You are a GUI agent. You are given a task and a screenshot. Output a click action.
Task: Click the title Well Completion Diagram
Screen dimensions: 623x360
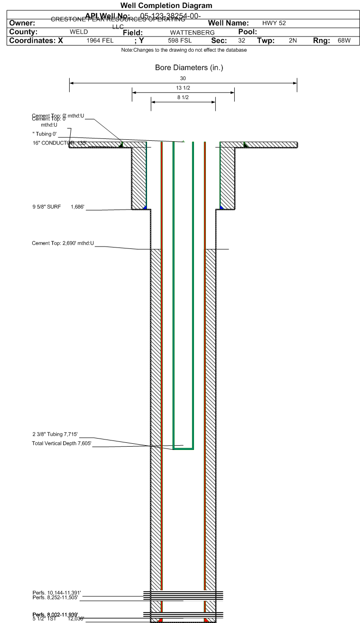point(166,6)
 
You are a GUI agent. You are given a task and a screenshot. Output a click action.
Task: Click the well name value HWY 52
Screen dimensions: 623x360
point(274,23)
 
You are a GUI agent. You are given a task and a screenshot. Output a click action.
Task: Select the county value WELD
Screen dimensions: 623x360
point(79,32)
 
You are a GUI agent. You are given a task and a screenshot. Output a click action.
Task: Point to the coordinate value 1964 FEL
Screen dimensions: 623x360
point(100,41)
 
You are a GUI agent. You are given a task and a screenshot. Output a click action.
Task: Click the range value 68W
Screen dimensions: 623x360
point(344,41)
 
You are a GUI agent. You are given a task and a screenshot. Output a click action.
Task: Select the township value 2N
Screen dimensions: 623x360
point(293,41)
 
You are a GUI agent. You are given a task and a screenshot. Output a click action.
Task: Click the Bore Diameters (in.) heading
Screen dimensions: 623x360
point(189,68)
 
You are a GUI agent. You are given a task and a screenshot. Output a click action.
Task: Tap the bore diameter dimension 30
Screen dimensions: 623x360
point(183,78)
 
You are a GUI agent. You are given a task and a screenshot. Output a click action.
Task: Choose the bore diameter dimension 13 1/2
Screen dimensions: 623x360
point(183,88)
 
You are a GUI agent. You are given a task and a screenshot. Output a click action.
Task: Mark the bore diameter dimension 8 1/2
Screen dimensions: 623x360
point(183,98)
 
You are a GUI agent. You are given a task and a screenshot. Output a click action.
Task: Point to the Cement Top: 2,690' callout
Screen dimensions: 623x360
point(63,244)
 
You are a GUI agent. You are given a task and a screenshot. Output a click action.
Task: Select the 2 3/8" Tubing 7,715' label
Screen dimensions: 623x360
point(55,434)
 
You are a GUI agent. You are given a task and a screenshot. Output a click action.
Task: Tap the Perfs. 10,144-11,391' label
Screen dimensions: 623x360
point(57,593)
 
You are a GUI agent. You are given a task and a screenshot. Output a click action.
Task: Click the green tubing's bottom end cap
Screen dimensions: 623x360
point(184,449)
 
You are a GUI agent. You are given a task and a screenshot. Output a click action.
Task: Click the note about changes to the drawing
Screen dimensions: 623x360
point(184,50)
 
